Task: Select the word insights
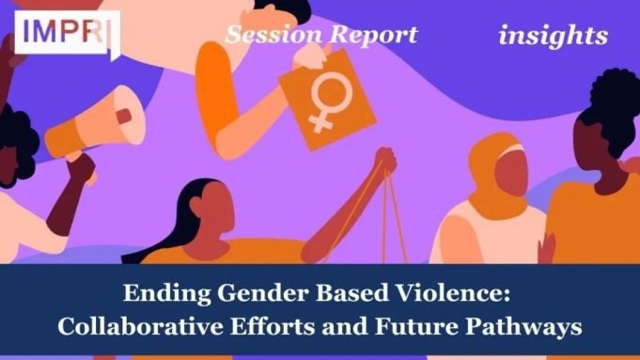pos(553,36)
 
